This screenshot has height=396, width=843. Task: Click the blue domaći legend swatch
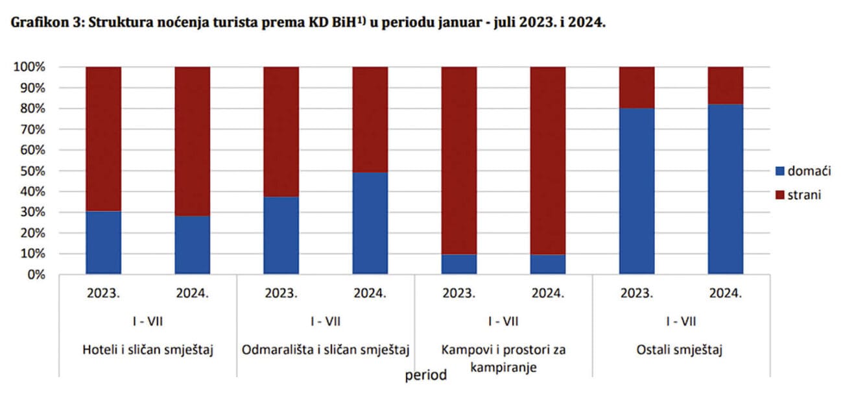[x=779, y=171]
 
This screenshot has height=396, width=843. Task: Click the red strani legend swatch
[x=779, y=195]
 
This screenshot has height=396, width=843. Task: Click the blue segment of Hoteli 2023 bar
[x=103, y=243]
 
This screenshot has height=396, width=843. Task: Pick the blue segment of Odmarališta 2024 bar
[x=370, y=223]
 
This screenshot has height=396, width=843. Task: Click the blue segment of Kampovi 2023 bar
[x=459, y=264]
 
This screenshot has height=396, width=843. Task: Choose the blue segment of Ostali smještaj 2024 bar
[x=726, y=189]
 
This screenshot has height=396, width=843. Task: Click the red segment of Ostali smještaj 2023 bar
[x=637, y=88]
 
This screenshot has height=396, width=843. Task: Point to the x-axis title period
[x=426, y=376]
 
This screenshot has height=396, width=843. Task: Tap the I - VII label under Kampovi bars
[x=503, y=321]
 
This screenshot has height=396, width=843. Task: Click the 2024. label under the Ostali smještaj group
[x=726, y=293]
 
